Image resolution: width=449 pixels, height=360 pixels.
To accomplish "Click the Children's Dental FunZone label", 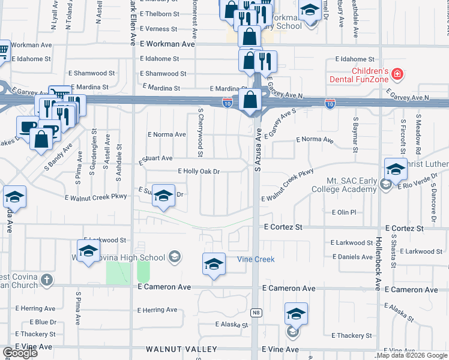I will (358, 74).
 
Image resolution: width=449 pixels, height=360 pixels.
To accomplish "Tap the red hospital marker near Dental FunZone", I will (396, 74).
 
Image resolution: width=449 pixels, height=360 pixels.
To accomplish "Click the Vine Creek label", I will (255, 259).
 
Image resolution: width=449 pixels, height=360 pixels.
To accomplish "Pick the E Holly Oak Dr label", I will (199, 172).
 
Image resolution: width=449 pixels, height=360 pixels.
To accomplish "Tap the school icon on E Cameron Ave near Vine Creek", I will (214, 264).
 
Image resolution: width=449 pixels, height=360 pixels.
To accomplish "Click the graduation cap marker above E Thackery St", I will (296, 314).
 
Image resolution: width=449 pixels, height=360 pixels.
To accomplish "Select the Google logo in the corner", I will (19, 353).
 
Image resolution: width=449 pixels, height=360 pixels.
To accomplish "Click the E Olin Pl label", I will (344, 212).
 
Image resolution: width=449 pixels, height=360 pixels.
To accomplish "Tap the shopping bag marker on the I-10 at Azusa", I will (250, 100).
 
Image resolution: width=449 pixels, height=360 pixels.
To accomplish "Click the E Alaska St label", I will (232, 325).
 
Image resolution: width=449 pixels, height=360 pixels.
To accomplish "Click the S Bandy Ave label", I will (65, 153).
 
